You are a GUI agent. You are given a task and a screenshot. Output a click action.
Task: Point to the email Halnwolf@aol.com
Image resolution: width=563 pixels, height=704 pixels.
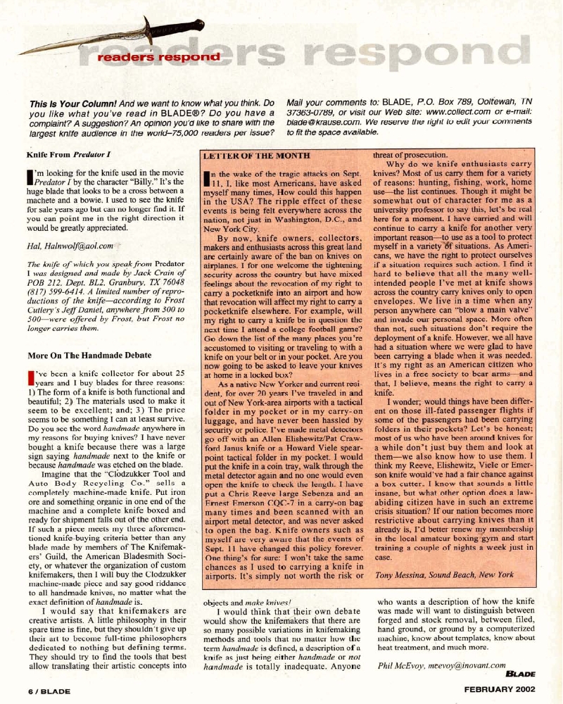(x=78, y=241)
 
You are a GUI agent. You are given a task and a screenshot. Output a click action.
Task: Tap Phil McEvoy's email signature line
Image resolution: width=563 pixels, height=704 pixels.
(x=442, y=665)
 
